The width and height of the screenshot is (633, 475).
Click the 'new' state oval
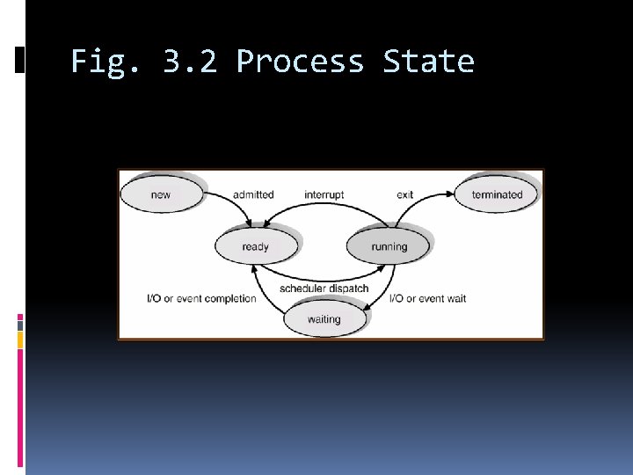161,194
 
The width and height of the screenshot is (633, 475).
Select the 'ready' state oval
255,246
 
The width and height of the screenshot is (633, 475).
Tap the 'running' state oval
389,246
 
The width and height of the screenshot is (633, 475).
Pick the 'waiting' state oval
324,319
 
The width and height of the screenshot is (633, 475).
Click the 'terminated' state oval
497,194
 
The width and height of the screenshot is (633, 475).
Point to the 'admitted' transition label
253,194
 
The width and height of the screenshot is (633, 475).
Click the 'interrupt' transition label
324,194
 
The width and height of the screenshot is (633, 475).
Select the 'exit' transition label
404,194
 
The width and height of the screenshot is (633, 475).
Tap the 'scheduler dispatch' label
324,289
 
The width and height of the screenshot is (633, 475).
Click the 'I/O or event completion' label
201,298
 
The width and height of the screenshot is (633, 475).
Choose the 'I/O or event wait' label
427,298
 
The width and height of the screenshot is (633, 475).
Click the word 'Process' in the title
300,62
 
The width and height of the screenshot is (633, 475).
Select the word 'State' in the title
428,62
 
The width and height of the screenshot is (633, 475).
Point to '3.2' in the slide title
190,62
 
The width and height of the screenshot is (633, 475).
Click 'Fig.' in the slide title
103,62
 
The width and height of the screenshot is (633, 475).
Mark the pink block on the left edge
20,323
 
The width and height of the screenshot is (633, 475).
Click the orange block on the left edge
20,340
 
